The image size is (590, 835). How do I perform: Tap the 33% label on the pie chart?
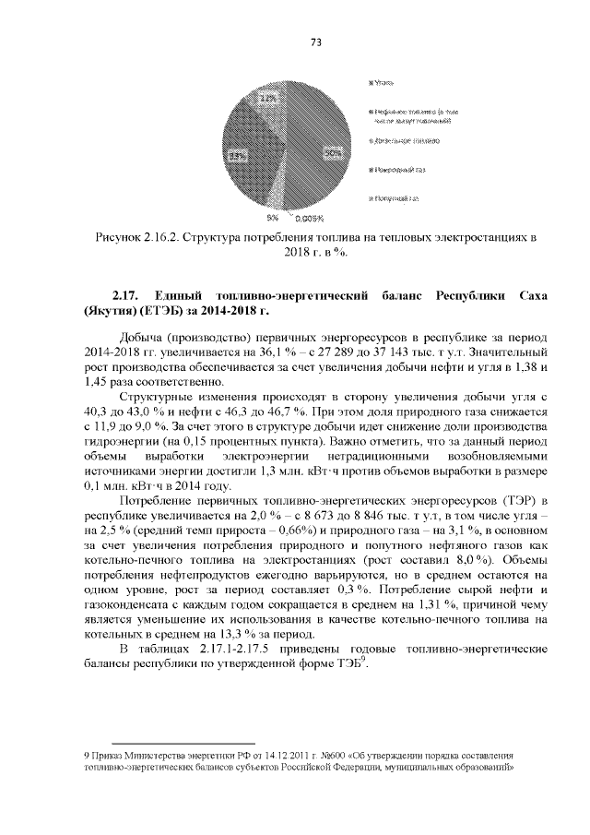click(x=237, y=156)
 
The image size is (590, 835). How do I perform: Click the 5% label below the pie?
click(x=273, y=218)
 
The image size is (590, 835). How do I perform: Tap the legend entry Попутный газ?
click(x=397, y=197)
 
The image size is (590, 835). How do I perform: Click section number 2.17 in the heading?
click(x=124, y=295)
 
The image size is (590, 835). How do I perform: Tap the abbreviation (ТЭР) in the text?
click(x=501, y=499)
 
